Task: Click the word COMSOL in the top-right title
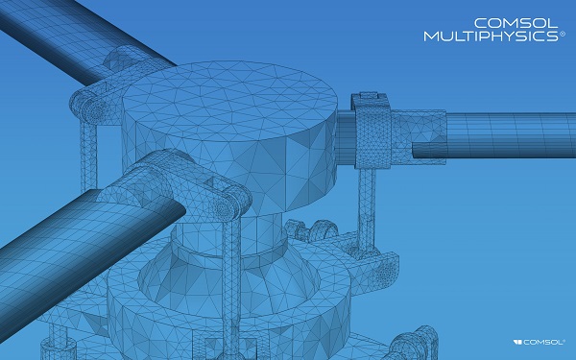516,23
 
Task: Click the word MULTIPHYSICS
492,36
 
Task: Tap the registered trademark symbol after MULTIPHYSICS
562,34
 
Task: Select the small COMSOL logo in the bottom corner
539,342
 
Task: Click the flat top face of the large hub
229,101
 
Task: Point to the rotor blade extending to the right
511,134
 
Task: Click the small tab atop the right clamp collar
370,96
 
